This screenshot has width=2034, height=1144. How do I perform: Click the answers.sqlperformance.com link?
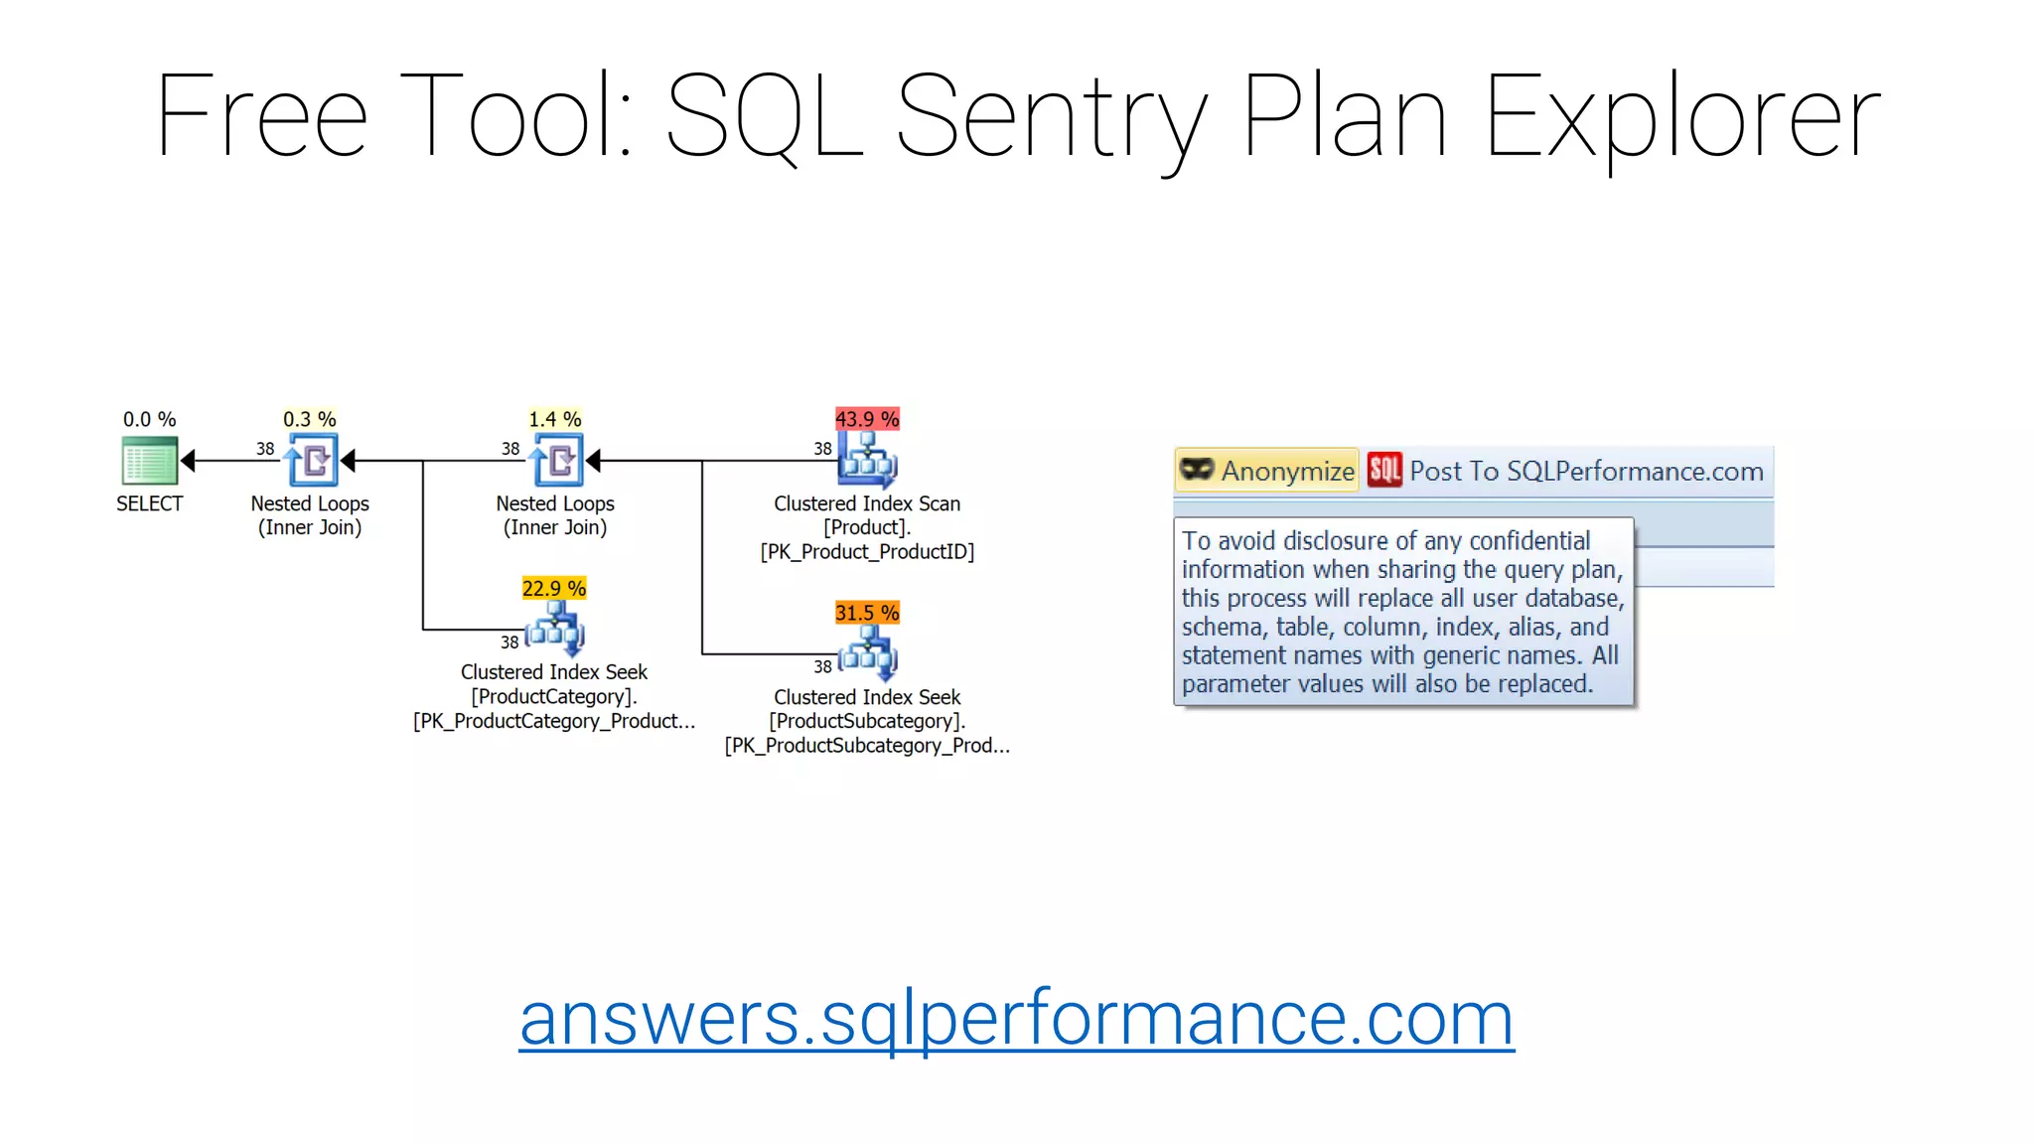1016,1019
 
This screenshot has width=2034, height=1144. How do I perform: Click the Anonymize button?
1266,471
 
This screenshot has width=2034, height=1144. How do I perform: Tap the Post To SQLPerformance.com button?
1567,471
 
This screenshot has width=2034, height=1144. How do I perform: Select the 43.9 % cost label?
867,419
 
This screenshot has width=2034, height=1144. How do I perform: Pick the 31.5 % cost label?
867,613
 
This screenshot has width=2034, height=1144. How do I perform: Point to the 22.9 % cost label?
554,588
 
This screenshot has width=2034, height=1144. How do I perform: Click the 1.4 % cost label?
555,419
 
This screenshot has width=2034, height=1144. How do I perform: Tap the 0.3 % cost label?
310,419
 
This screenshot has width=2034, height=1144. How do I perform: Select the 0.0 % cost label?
149,419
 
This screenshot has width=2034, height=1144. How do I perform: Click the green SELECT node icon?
149,461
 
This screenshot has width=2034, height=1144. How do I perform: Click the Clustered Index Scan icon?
867,460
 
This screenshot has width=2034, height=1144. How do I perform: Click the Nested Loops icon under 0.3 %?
311,461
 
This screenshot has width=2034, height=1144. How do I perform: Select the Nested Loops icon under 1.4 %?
556,461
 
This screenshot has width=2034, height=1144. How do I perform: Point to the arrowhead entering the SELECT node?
188,461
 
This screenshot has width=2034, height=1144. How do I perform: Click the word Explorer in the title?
1681,117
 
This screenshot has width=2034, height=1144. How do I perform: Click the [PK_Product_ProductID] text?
867,552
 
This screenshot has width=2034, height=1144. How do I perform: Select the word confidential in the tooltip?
1529,540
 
